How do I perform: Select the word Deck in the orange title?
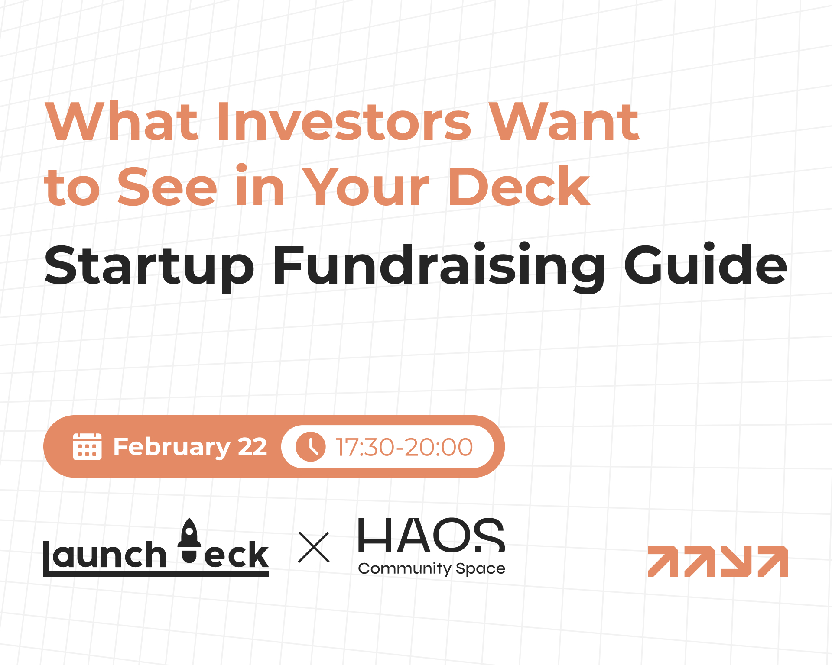[519, 186]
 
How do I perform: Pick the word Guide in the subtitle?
[705, 264]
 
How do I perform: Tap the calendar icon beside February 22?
[87, 446]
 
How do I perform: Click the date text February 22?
[190, 447]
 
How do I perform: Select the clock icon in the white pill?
[310, 446]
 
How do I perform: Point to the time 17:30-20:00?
[404, 447]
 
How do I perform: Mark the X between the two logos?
[314, 547]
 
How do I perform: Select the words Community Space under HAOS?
[432, 568]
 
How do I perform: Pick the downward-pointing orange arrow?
[736, 562]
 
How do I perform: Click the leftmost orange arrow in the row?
[663, 562]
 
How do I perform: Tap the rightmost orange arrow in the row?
[773, 562]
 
